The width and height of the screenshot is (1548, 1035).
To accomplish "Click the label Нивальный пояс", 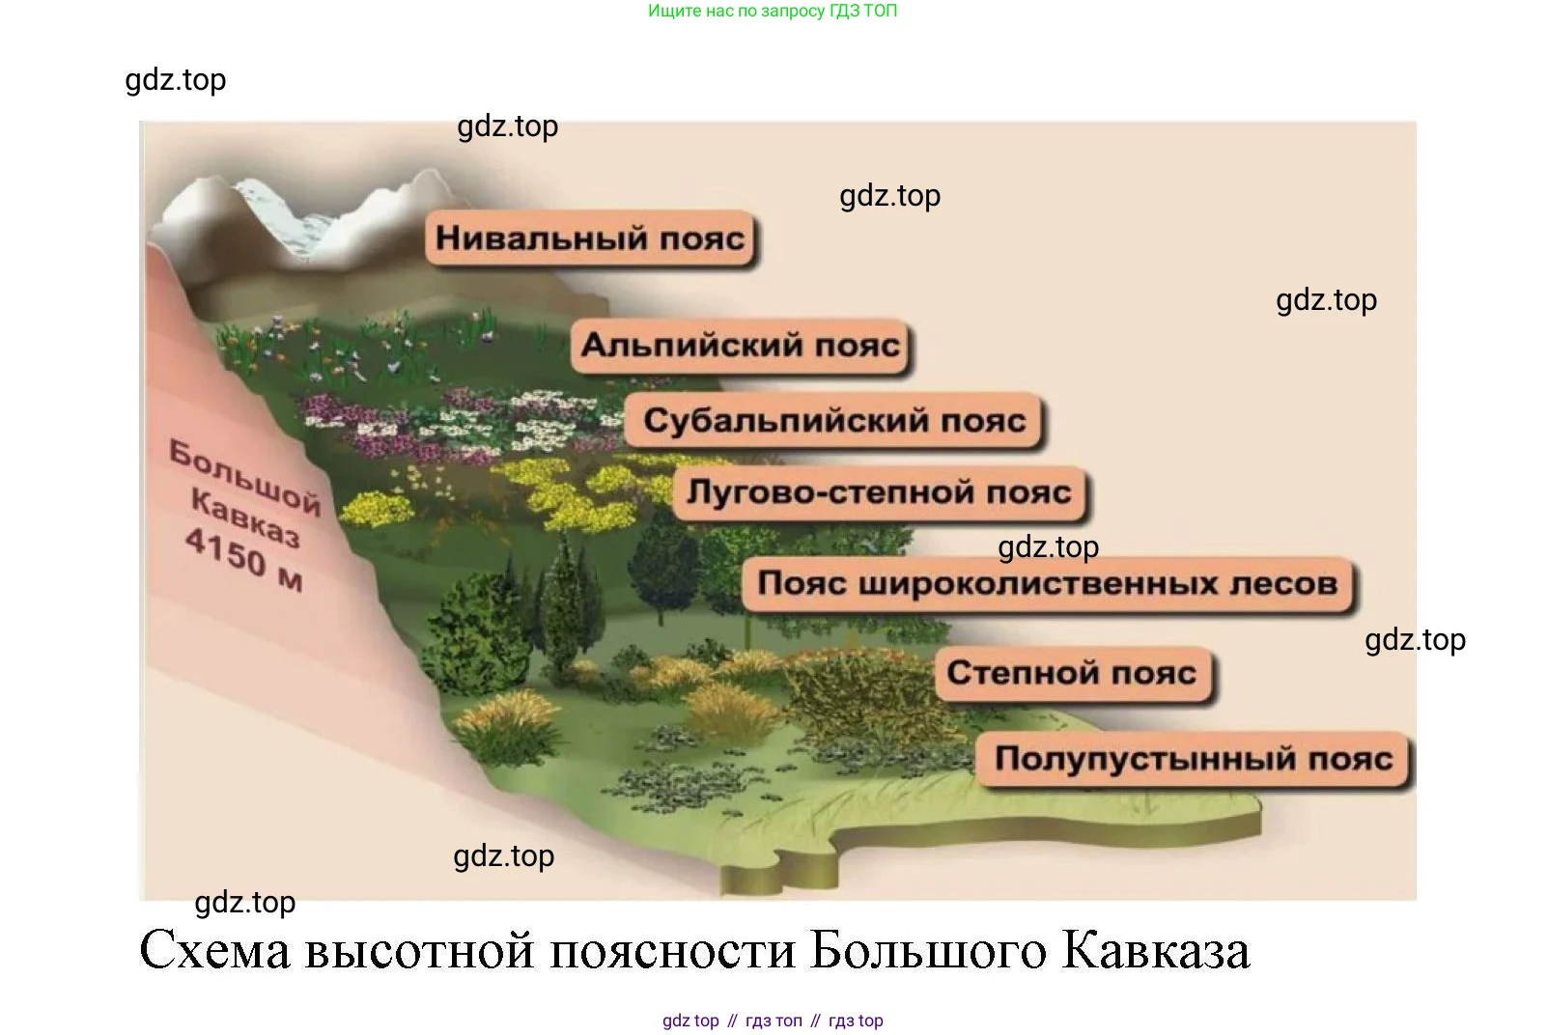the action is pos(589,238).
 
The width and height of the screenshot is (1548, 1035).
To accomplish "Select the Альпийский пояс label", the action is pos(740,346).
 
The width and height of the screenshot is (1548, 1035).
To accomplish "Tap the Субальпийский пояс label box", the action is pos(833,420).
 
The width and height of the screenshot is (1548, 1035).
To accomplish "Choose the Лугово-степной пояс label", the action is pos(879,492).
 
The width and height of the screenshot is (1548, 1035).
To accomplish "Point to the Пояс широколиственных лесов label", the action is pos(1048,584).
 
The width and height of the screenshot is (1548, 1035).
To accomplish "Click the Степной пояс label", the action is pos(1073,673).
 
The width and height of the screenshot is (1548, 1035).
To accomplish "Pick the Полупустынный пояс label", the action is pos(1193,759).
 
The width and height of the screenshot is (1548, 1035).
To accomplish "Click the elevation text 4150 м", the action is pos(244,560).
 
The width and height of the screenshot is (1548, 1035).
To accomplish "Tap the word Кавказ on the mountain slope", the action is pos(245,517).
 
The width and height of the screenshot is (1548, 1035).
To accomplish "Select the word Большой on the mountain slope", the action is pos(244,477).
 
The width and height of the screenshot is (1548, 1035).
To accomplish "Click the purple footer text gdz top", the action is pos(690,1021).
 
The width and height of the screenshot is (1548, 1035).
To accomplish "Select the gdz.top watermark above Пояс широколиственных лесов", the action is pos(1049,547).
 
